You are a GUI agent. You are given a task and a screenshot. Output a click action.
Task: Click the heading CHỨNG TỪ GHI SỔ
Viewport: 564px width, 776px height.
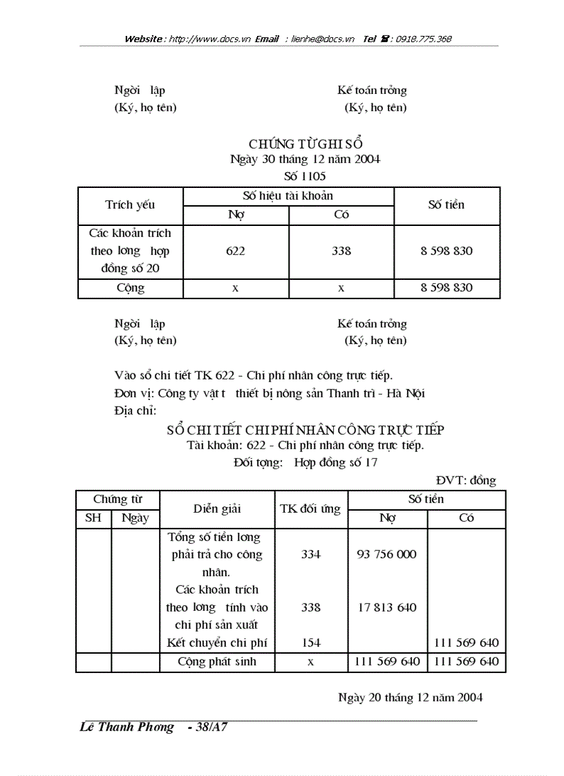coord(305,144)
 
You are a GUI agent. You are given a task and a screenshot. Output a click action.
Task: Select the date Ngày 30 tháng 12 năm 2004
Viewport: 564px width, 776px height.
coord(305,160)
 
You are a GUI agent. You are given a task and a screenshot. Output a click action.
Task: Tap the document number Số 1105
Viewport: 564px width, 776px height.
coord(305,176)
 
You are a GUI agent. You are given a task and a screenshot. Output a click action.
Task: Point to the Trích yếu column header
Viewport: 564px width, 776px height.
coord(130,205)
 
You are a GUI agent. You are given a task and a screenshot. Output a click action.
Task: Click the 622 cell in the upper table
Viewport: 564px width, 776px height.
coord(236,252)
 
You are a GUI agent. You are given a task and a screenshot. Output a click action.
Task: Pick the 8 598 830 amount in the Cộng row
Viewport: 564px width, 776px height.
coord(446,288)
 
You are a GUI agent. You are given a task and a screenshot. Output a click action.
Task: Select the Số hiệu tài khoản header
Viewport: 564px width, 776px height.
coord(288,196)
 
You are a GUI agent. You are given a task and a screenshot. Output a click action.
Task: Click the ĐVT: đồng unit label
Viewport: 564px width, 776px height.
coord(466,481)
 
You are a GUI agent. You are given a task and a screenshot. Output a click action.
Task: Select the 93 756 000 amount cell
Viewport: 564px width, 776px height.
coord(387,554)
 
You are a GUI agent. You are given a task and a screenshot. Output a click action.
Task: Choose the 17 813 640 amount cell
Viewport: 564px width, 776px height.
coord(387,608)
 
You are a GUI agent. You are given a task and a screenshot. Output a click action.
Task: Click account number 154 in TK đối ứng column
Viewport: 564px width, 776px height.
coord(311,643)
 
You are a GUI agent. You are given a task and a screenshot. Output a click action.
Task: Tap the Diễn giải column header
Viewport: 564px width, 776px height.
coord(217,509)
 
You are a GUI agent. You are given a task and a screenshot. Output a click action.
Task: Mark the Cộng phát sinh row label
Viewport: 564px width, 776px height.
coord(217,662)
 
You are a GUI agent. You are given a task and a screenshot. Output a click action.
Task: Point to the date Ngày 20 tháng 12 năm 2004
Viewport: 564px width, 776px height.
coord(410,697)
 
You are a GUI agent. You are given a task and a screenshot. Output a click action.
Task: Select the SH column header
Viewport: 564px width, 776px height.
coord(93,518)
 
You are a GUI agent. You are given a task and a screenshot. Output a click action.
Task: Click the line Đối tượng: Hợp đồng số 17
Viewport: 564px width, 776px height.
coord(305,463)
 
